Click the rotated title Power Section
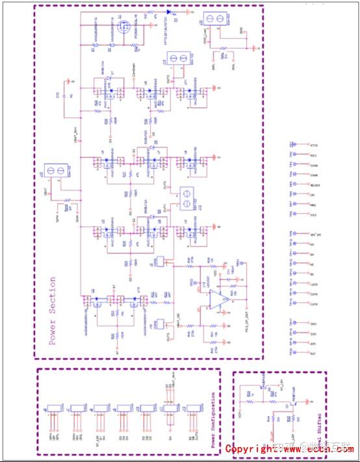(53, 312)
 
